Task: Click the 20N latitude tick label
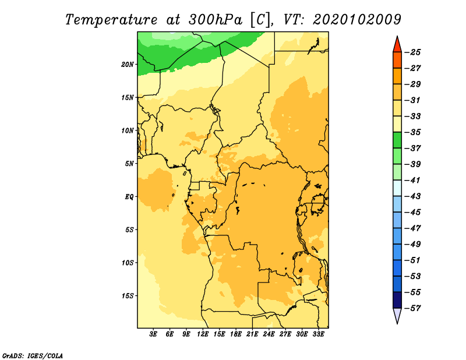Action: tap(128, 65)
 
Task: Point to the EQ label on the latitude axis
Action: tap(129, 197)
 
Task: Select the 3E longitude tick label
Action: tap(153, 334)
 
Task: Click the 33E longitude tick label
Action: tap(318, 334)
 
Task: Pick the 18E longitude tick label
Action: tap(236, 334)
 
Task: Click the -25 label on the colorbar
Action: tap(412, 52)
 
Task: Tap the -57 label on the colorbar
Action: tap(412, 308)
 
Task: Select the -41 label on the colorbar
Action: tap(412, 180)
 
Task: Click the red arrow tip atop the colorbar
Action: tap(397, 37)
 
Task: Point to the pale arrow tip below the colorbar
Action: tap(397, 323)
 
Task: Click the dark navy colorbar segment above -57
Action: tap(397, 300)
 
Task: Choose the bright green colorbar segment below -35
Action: tap(397, 140)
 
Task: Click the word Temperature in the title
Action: tap(111, 20)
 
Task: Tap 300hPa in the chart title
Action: tap(216, 20)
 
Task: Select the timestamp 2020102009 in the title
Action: tap(356, 20)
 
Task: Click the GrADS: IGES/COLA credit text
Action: tap(33, 356)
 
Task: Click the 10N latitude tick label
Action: tap(128, 130)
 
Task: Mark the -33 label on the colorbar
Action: tap(412, 117)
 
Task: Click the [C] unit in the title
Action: tap(260, 20)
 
